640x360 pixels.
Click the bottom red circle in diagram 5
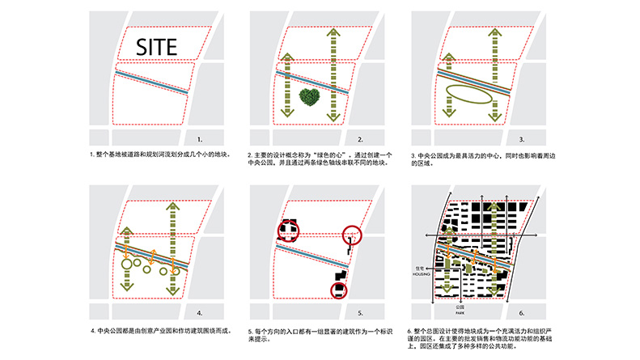338,290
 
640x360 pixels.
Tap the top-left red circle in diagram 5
288,231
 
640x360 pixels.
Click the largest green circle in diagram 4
126,262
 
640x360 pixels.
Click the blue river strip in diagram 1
154,81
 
